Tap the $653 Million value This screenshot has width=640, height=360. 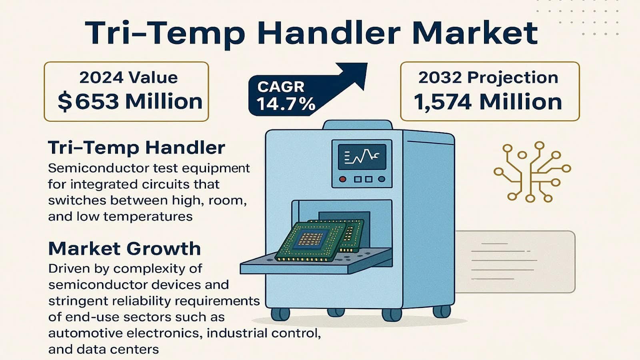pos(130,102)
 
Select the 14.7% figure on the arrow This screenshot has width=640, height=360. pos(286,104)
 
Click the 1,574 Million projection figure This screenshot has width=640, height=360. pos(488,102)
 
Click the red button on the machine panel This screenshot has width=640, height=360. pos(342,179)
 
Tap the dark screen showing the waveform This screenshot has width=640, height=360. pos(362,157)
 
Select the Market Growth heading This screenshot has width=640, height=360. pos(124,248)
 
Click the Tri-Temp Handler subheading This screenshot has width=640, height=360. pos(136,148)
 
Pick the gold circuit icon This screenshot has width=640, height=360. pos(532,172)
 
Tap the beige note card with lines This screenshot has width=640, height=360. pos(515,262)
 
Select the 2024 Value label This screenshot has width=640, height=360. pos(128,78)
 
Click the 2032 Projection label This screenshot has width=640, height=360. pos(488,78)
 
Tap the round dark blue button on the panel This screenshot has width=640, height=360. pos(382,179)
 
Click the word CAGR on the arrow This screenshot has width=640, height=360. pos(280,87)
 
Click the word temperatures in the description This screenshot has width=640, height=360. pos(148,216)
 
